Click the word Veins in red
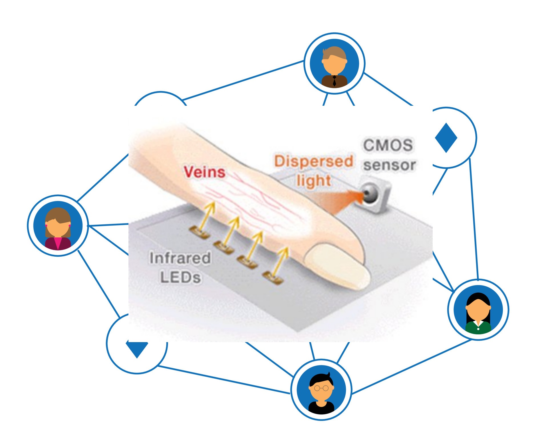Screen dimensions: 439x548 tap(204, 172)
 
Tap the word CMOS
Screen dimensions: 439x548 tap(388, 145)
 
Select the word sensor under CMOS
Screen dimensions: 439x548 tap(389, 165)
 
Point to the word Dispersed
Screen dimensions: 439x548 tap(314, 161)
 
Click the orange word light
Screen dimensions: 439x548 tap(314, 181)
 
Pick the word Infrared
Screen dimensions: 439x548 tap(180, 258)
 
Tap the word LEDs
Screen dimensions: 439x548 tap(180, 277)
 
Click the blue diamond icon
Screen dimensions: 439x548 tap(446, 138)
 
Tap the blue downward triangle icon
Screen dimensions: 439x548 tap(137, 349)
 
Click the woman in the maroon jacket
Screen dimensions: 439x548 tap(58, 226)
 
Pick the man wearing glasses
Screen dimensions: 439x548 tap(321, 390)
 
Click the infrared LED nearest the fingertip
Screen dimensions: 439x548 tap(273, 277)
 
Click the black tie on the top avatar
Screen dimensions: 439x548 tap(334, 81)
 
